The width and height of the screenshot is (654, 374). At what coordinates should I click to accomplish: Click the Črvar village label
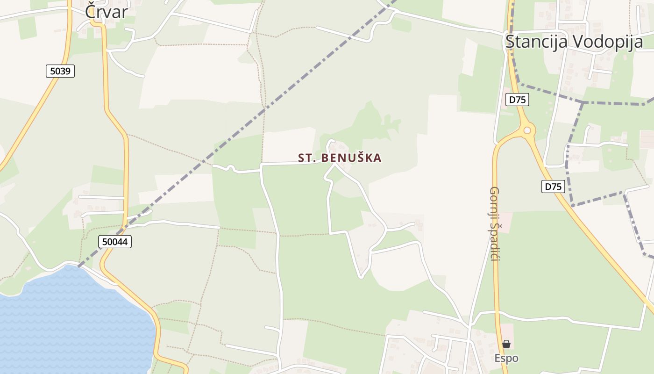(x=106, y=12)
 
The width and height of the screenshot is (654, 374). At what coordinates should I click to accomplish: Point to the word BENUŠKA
(x=352, y=158)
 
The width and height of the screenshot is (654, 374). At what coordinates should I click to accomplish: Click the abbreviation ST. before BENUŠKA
(x=308, y=158)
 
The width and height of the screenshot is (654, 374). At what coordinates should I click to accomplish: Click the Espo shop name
(x=506, y=359)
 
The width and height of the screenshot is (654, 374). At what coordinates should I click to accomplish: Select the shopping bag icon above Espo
(x=506, y=345)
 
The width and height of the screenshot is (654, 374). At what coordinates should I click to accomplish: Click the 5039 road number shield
(x=60, y=71)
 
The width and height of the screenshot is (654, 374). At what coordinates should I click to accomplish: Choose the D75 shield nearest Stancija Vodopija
(x=517, y=99)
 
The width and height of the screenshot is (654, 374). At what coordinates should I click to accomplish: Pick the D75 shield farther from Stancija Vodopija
(x=553, y=187)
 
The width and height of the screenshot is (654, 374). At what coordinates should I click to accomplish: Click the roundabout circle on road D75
(x=527, y=130)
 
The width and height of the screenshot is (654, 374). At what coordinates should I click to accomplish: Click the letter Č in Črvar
(x=91, y=12)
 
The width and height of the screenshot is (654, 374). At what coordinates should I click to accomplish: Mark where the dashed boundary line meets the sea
(x=78, y=266)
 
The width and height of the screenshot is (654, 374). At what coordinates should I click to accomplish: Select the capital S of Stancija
(x=510, y=42)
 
